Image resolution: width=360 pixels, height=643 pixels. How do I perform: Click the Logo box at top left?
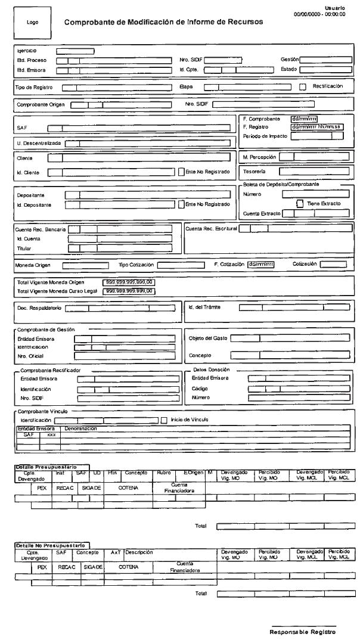pos(32,22)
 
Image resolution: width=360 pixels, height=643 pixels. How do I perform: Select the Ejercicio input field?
pos(75,51)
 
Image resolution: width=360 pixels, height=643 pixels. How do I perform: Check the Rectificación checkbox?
pos(302,86)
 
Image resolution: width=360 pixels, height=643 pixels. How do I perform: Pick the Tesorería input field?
pos(313,172)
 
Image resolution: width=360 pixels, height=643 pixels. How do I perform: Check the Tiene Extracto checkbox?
pos(300,203)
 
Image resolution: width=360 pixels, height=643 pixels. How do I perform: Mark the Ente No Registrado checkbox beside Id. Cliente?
pos(181,172)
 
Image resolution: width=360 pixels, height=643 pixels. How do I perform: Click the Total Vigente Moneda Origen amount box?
pos(130,282)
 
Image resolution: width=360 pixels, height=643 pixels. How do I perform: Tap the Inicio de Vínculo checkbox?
pos(163,420)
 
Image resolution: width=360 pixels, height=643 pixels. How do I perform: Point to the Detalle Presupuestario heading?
pos(51,467)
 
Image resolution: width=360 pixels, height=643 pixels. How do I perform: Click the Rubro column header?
pos(163,473)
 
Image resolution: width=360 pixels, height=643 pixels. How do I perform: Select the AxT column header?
pos(116,552)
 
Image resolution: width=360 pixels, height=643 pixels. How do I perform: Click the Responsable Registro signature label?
pos(303,632)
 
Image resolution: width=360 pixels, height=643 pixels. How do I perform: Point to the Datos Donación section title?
pos(211,369)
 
